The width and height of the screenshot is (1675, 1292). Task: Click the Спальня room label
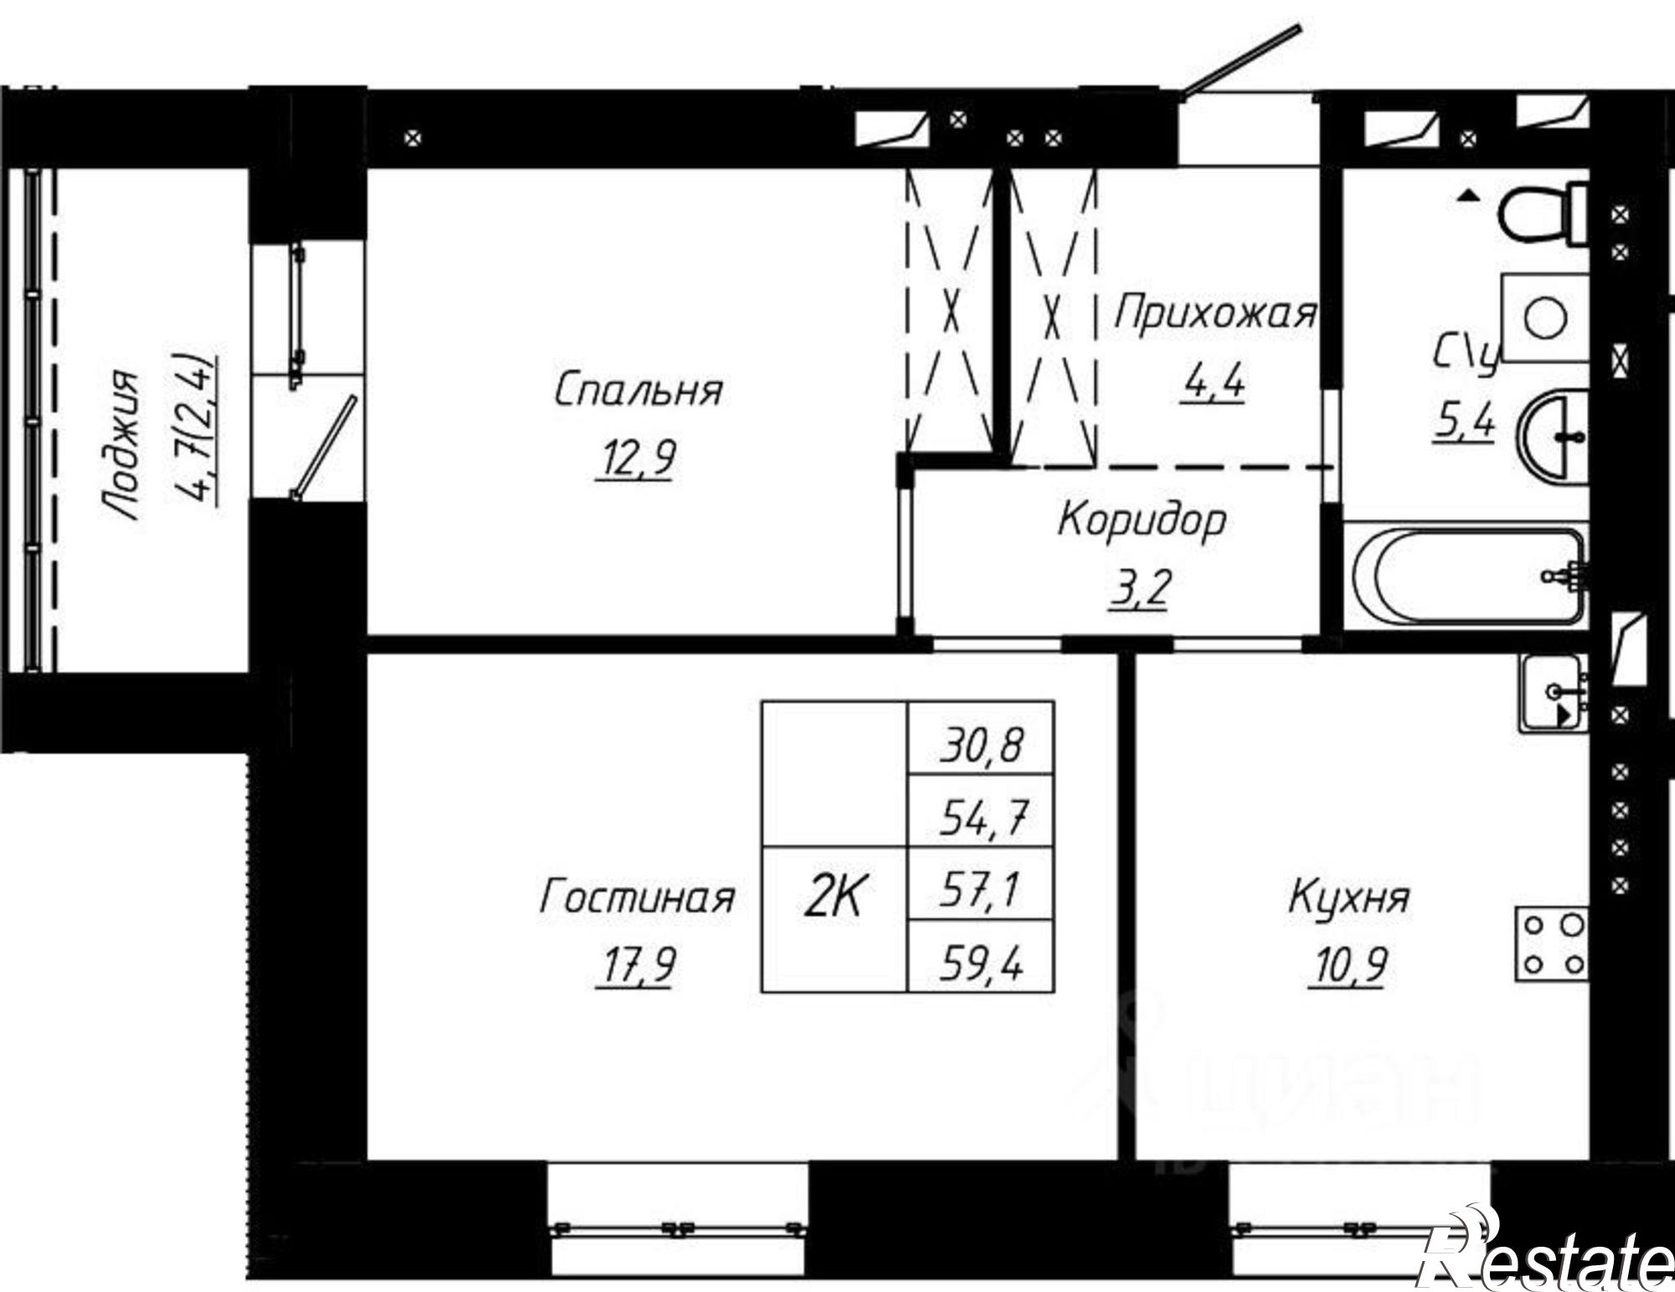coord(638,390)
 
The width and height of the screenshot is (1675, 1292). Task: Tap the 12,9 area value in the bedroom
coord(635,458)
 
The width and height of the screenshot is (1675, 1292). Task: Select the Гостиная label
coord(636,897)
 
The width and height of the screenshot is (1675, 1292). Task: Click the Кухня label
coord(1348,897)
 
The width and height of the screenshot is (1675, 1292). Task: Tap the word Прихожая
coord(1214,313)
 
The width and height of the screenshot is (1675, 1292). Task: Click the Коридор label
coord(1142,520)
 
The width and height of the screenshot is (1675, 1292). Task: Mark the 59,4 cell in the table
coord(981,968)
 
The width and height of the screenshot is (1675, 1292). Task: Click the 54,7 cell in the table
coord(981,819)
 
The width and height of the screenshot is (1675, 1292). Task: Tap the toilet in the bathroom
coord(1541,214)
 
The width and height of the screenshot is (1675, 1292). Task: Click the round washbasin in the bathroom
coord(1554,437)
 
